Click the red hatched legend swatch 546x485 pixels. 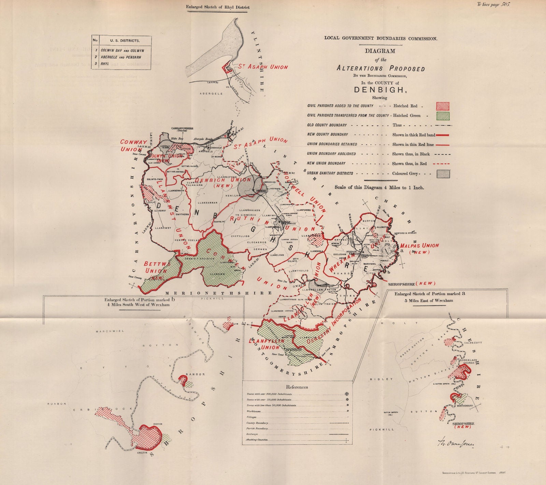click(x=443, y=106)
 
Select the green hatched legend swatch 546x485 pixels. click(x=443, y=115)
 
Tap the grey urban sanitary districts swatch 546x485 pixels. click(x=443, y=173)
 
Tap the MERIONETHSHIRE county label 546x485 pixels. click(x=218, y=293)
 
